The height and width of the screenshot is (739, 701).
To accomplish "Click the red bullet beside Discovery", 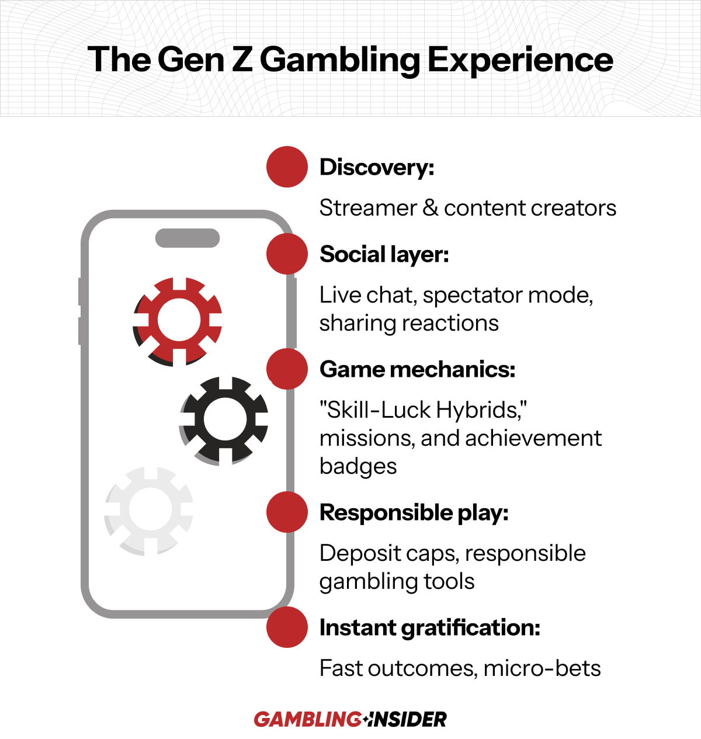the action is coord(287,166).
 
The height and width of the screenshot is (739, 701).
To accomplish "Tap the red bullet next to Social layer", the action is coord(287,254).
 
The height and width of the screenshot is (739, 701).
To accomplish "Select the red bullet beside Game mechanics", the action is coord(287,369).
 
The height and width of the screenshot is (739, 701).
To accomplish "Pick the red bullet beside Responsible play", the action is coord(287,512).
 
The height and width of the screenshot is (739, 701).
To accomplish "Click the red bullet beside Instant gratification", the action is coord(287,627).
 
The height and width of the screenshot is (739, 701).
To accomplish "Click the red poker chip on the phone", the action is coord(178,321).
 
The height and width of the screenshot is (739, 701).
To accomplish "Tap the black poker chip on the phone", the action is coord(224,421).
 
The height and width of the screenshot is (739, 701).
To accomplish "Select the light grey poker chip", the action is coord(149,511).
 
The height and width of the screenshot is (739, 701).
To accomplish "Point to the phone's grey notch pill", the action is coord(188,238).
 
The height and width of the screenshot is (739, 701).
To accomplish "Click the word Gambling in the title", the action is coord(340,60).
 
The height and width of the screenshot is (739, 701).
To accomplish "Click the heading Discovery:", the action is coord(377,168).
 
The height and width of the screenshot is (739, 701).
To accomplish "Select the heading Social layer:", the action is coord(384,254).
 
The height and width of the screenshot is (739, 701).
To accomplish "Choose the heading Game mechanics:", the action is coord(417,369).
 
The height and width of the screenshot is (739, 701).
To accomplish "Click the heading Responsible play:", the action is coord(414,513).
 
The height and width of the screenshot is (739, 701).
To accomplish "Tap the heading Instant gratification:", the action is coord(429,628).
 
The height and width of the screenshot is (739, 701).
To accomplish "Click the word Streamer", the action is coord(368,208).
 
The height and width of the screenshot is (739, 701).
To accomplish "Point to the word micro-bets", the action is coord(542,668).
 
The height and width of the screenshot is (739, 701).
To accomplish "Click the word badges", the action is coord(358,467).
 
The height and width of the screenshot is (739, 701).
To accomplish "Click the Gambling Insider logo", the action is coord(350,719).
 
